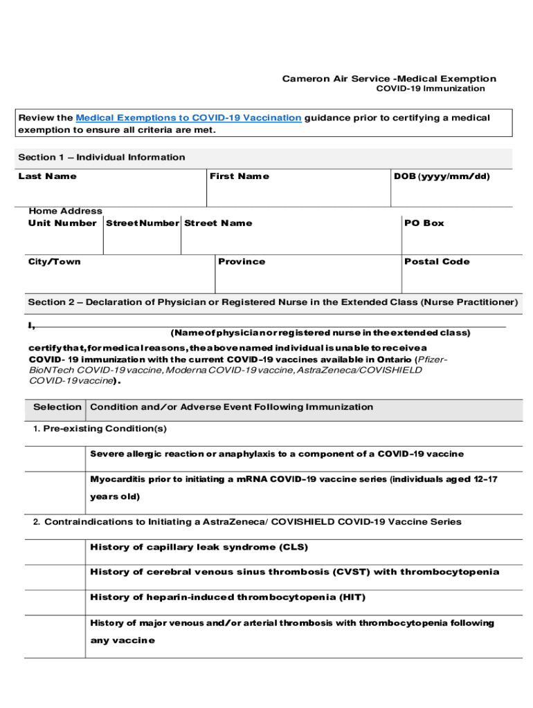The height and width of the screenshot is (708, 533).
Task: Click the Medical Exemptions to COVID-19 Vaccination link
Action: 188,118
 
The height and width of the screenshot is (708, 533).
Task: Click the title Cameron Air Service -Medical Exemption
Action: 388,79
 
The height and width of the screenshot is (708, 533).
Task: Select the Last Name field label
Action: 48,176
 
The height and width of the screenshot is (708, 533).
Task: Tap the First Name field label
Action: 240,176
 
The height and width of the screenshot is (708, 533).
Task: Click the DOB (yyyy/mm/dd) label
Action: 442,176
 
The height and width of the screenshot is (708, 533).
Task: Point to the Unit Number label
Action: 62,223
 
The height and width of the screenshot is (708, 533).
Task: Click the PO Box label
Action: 424,223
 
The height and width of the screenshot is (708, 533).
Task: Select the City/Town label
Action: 55,261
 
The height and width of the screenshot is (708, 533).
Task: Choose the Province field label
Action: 242,261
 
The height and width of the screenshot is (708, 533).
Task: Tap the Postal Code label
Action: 437,261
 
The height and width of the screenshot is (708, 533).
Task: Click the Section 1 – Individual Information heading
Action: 102,157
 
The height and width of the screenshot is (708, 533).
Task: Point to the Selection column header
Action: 57,407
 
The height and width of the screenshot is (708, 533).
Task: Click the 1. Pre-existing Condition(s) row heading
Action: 100,429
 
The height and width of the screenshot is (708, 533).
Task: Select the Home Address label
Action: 65,211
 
